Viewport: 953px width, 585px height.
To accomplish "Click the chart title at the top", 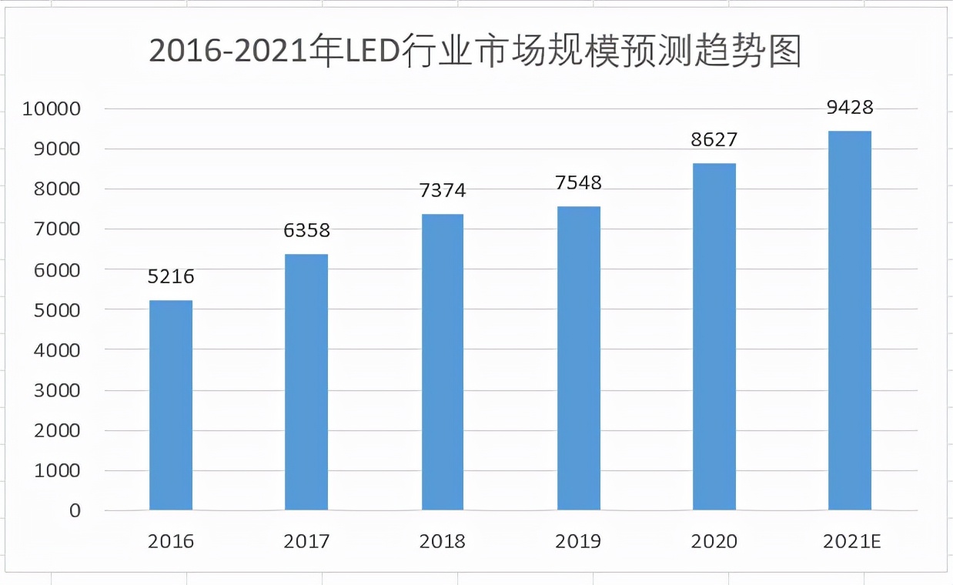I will tap(476, 52).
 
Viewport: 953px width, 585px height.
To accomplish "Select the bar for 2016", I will tap(171, 405).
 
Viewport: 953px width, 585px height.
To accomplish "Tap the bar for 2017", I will tap(306, 382).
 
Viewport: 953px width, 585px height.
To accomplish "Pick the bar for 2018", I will tap(443, 362).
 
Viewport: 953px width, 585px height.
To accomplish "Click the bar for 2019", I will tap(578, 358).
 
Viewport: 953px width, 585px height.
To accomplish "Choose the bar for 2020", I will tap(714, 336).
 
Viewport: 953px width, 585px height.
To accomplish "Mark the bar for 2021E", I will tap(850, 320).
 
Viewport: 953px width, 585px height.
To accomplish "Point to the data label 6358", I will tap(306, 231).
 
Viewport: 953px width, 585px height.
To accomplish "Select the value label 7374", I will tap(443, 191).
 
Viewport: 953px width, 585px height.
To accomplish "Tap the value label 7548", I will tap(578, 183).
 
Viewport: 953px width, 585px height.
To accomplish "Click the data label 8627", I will tap(714, 140).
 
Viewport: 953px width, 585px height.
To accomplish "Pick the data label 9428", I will tap(850, 108).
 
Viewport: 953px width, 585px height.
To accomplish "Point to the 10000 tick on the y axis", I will tap(52, 109).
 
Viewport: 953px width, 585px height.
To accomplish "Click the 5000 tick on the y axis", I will tap(57, 310).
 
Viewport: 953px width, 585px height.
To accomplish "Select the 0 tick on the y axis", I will tap(75, 511).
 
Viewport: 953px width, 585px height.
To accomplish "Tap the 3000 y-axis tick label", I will tap(57, 390).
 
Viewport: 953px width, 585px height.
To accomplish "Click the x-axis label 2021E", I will tap(851, 542).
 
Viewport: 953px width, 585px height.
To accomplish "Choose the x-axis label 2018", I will tap(443, 542).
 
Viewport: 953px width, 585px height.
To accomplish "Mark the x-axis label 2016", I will tap(171, 542).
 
